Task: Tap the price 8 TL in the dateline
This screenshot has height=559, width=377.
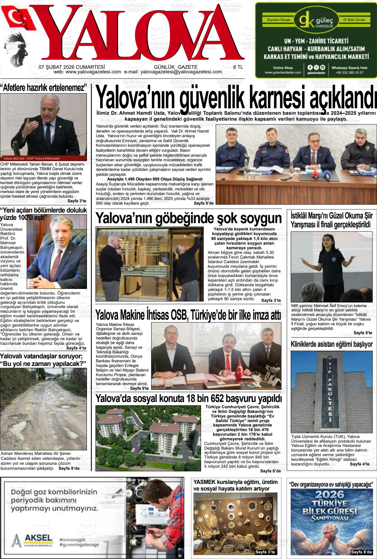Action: click(x=238, y=67)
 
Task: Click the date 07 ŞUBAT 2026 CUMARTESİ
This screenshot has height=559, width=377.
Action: click(x=71, y=67)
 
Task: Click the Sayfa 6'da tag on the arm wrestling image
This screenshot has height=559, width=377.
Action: click(x=361, y=552)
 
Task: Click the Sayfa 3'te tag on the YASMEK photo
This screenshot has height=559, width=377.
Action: click(x=265, y=552)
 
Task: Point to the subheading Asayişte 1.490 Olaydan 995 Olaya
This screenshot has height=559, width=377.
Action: click(x=154, y=179)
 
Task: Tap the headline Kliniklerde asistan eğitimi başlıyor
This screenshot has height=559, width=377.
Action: click(x=331, y=344)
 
